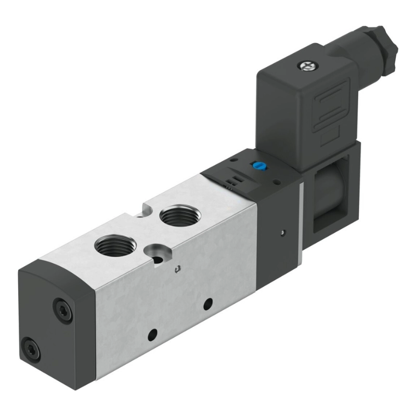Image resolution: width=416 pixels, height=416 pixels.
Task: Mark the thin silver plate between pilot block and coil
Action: tap(302, 218)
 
